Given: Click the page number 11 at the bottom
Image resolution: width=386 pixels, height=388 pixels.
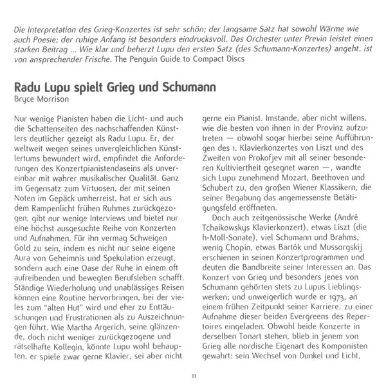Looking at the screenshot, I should pyautogui.click(x=193, y=376).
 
